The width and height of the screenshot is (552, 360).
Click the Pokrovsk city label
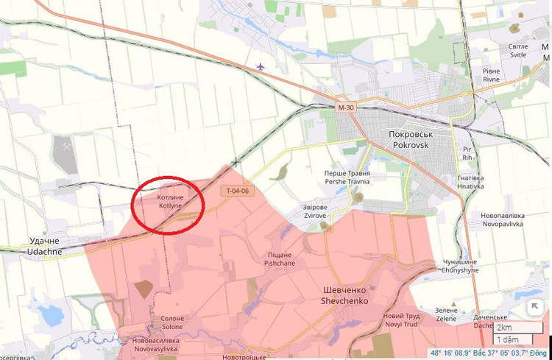click(411, 140)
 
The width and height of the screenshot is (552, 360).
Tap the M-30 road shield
click(346, 107)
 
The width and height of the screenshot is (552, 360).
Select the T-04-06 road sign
click(237, 191)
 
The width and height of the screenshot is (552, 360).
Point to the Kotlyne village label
click(169, 201)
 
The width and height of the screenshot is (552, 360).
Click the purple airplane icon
click(260, 67)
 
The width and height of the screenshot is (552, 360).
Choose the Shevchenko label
click(344, 294)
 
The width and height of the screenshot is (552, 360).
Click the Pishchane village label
click(280, 259)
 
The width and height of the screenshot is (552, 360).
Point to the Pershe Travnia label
click(347, 177)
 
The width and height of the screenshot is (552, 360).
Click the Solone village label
click(172, 322)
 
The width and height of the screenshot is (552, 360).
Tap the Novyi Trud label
click(401, 320)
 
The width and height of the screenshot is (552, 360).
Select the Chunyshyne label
click(460, 266)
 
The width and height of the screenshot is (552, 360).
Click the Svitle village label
click(518, 51)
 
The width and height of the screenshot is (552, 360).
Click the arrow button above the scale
click(535, 306)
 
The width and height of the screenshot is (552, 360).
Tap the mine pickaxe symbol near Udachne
click(66, 147)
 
